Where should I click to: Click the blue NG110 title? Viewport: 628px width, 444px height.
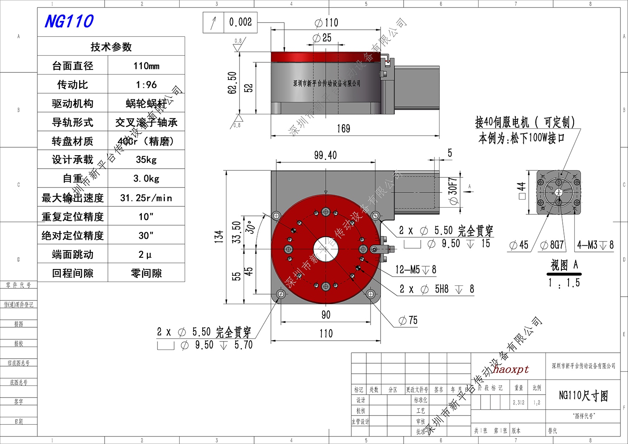pos(69,21)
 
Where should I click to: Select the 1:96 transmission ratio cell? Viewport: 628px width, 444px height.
pos(146,85)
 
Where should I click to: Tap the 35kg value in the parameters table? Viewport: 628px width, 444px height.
pos(146,159)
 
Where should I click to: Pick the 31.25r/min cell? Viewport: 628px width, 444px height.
pos(146,198)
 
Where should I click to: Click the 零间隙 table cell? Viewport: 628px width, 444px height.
pos(146,273)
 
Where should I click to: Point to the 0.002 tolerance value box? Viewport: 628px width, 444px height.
pos(240,22)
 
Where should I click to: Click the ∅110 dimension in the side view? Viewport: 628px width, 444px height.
pos(327,23)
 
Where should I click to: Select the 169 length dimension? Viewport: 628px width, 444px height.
pos(343,128)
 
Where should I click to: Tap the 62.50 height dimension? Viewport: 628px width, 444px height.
pos(232,82)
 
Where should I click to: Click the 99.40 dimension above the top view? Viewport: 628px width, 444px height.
pos(325,155)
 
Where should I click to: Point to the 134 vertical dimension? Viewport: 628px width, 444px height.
pos(219,236)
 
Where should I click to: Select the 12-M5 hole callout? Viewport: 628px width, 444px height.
pos(415,270)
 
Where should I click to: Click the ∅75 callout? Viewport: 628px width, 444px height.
pos(408,321)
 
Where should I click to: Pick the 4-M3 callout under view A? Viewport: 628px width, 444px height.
pos(595,245)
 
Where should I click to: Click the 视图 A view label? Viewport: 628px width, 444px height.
pos(564,265)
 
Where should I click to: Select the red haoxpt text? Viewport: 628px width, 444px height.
pos(511,370)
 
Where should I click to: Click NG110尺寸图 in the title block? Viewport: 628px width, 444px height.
pos(583,395)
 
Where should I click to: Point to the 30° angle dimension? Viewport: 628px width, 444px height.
pos(250,227)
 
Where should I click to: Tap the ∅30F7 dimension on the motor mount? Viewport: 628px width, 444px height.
pos(453,191)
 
